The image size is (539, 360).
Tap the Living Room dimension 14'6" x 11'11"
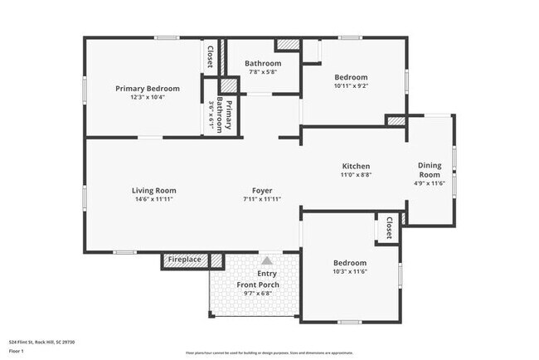[155, 199]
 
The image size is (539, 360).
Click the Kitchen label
[356, 166]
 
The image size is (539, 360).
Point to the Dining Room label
[429, 169]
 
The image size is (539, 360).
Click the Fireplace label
[184, 260]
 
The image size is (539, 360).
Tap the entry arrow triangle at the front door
[267, 260]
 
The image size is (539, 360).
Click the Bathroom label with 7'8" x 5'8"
[262, 63]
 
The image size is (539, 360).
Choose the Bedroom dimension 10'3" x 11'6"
[349, 272]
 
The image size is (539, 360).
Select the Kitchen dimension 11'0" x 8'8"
[356, 175]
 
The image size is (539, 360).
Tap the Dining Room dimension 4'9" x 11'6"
[430, 183]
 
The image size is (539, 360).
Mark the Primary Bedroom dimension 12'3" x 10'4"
[148, 97]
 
